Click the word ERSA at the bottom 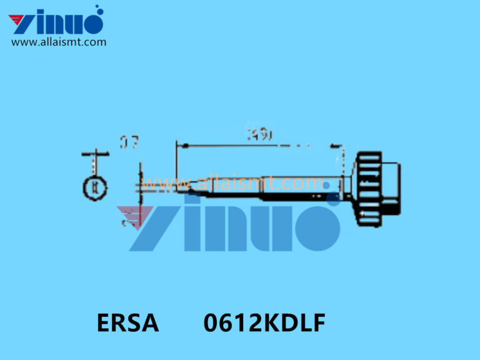[127, 324]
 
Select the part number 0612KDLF [264, 324]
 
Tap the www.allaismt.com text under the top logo [59, 42]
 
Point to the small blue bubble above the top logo [98, 9]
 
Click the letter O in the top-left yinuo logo [91, 23]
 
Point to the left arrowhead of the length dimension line [182, 146]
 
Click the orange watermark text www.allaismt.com [231, 184]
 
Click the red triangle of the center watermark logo [134, 216]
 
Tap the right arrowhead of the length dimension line [337, 146]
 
